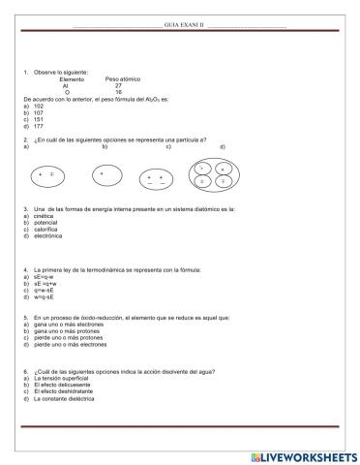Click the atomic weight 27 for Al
(118, 85)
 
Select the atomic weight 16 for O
(118, 92)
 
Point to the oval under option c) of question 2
(154, 179)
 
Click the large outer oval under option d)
(212, 173)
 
